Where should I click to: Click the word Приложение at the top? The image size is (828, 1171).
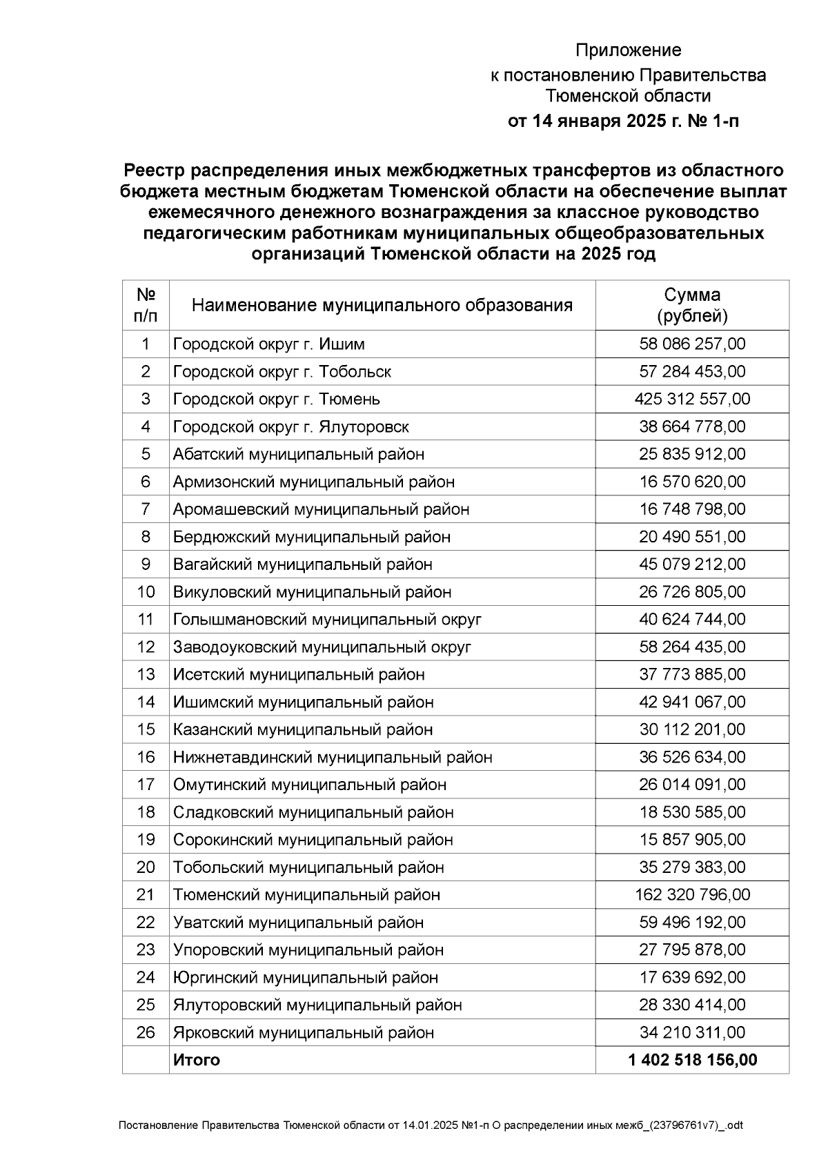[x=628, y=50]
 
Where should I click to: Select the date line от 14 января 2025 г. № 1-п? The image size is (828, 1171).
[x=623, y=122]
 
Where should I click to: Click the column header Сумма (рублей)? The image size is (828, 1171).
[x=692, y=306]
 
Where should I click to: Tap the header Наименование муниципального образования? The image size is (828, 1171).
[x=382, y=306]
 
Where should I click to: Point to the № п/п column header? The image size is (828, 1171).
[x=146, y=306]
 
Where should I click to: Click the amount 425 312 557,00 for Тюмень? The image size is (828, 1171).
[x=692, y=400]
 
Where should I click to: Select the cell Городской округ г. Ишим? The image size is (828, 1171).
[x=269, y=344]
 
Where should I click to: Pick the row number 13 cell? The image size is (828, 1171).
[x=146, y=675]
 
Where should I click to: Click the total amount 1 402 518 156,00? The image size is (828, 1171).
[x=692, y=1061]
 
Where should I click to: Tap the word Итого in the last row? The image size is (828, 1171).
[x=197, y=1061]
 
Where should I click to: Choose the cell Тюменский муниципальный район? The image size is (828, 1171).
[x=306, y=896]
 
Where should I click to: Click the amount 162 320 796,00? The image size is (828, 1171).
[x=692, y=896]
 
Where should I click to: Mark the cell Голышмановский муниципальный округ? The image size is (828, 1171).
[x=327, y=620]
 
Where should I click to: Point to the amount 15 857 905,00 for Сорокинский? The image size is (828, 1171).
[x=692, y=840]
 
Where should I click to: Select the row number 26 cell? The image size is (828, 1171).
[x=146, y=1033]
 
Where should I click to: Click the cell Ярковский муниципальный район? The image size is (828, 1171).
[x=304, y=1033]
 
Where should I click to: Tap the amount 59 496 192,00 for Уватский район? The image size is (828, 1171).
[x=692, y=923]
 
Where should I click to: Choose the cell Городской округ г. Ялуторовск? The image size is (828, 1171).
[x=290, y=427]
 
